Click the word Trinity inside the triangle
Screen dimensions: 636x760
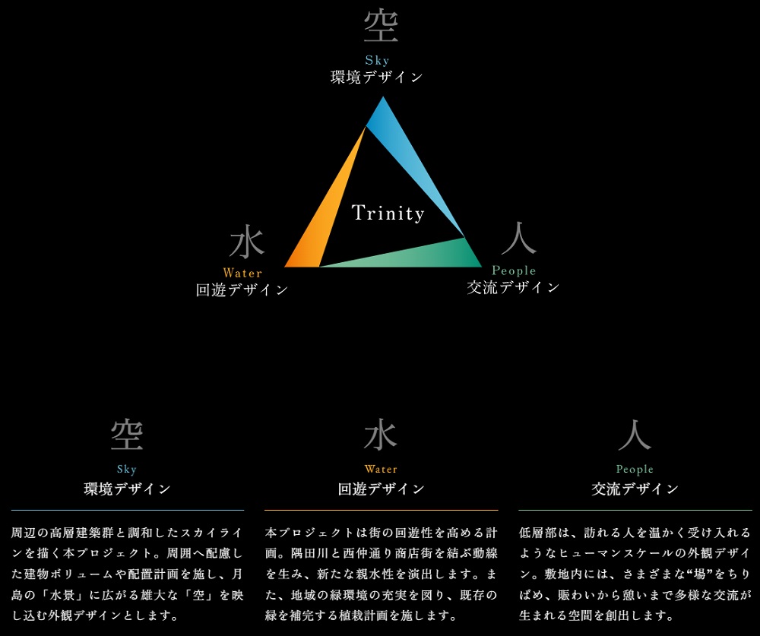click(388, 213)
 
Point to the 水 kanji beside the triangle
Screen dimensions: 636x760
click(247, 243)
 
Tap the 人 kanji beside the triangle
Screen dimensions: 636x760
click(519, 239)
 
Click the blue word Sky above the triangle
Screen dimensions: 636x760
click(377, 60)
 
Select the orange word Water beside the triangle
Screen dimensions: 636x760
click(242, 273)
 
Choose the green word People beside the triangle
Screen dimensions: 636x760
click(514, 271)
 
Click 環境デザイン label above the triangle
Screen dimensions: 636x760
click(377, 77)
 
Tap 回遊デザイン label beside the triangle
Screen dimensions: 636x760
click(242, 290)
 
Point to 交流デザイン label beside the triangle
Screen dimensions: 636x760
click(513, 287)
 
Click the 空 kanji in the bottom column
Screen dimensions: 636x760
click(127, 435)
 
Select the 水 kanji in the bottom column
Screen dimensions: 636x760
click(381, 435)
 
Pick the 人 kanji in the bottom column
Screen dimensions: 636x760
click(635, 435)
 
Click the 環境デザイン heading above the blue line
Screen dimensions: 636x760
click(127, 489)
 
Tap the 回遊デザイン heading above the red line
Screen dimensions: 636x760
click(381, 489)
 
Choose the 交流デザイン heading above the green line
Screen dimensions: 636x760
click(635, 489)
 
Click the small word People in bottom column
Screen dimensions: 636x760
click(635, 470)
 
